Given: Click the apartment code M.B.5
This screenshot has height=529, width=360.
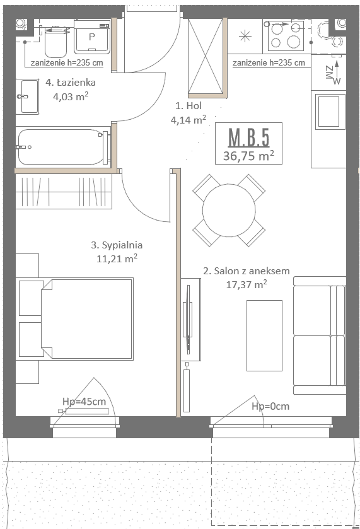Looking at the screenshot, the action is click(248, 137).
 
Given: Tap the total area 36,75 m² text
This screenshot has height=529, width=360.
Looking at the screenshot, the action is click(248, 156).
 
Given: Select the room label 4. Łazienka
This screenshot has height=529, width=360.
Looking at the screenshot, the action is click(71, 83).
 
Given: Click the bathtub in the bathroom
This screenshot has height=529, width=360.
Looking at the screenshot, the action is click(64, 147).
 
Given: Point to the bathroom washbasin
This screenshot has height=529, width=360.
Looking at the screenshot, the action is click(28, 96).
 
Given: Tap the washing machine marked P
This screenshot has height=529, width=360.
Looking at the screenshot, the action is click(92, 37).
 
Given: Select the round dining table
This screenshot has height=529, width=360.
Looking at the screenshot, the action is click(229, 210).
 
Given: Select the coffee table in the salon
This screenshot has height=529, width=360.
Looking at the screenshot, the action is click(264, 335).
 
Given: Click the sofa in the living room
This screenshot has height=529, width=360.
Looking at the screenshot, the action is click(320, 335).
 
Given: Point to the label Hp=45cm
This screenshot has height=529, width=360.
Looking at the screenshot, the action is click(84, 402).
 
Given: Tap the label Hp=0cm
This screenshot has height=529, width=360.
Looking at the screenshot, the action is click(270, 406).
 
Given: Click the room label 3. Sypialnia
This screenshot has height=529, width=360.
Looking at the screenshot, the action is click(117, 245).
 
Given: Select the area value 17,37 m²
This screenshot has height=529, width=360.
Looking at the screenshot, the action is click(247, 285).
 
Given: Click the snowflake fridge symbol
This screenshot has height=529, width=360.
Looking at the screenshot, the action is click(245, 36).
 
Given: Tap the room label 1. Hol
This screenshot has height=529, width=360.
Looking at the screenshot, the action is click(189, 105).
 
